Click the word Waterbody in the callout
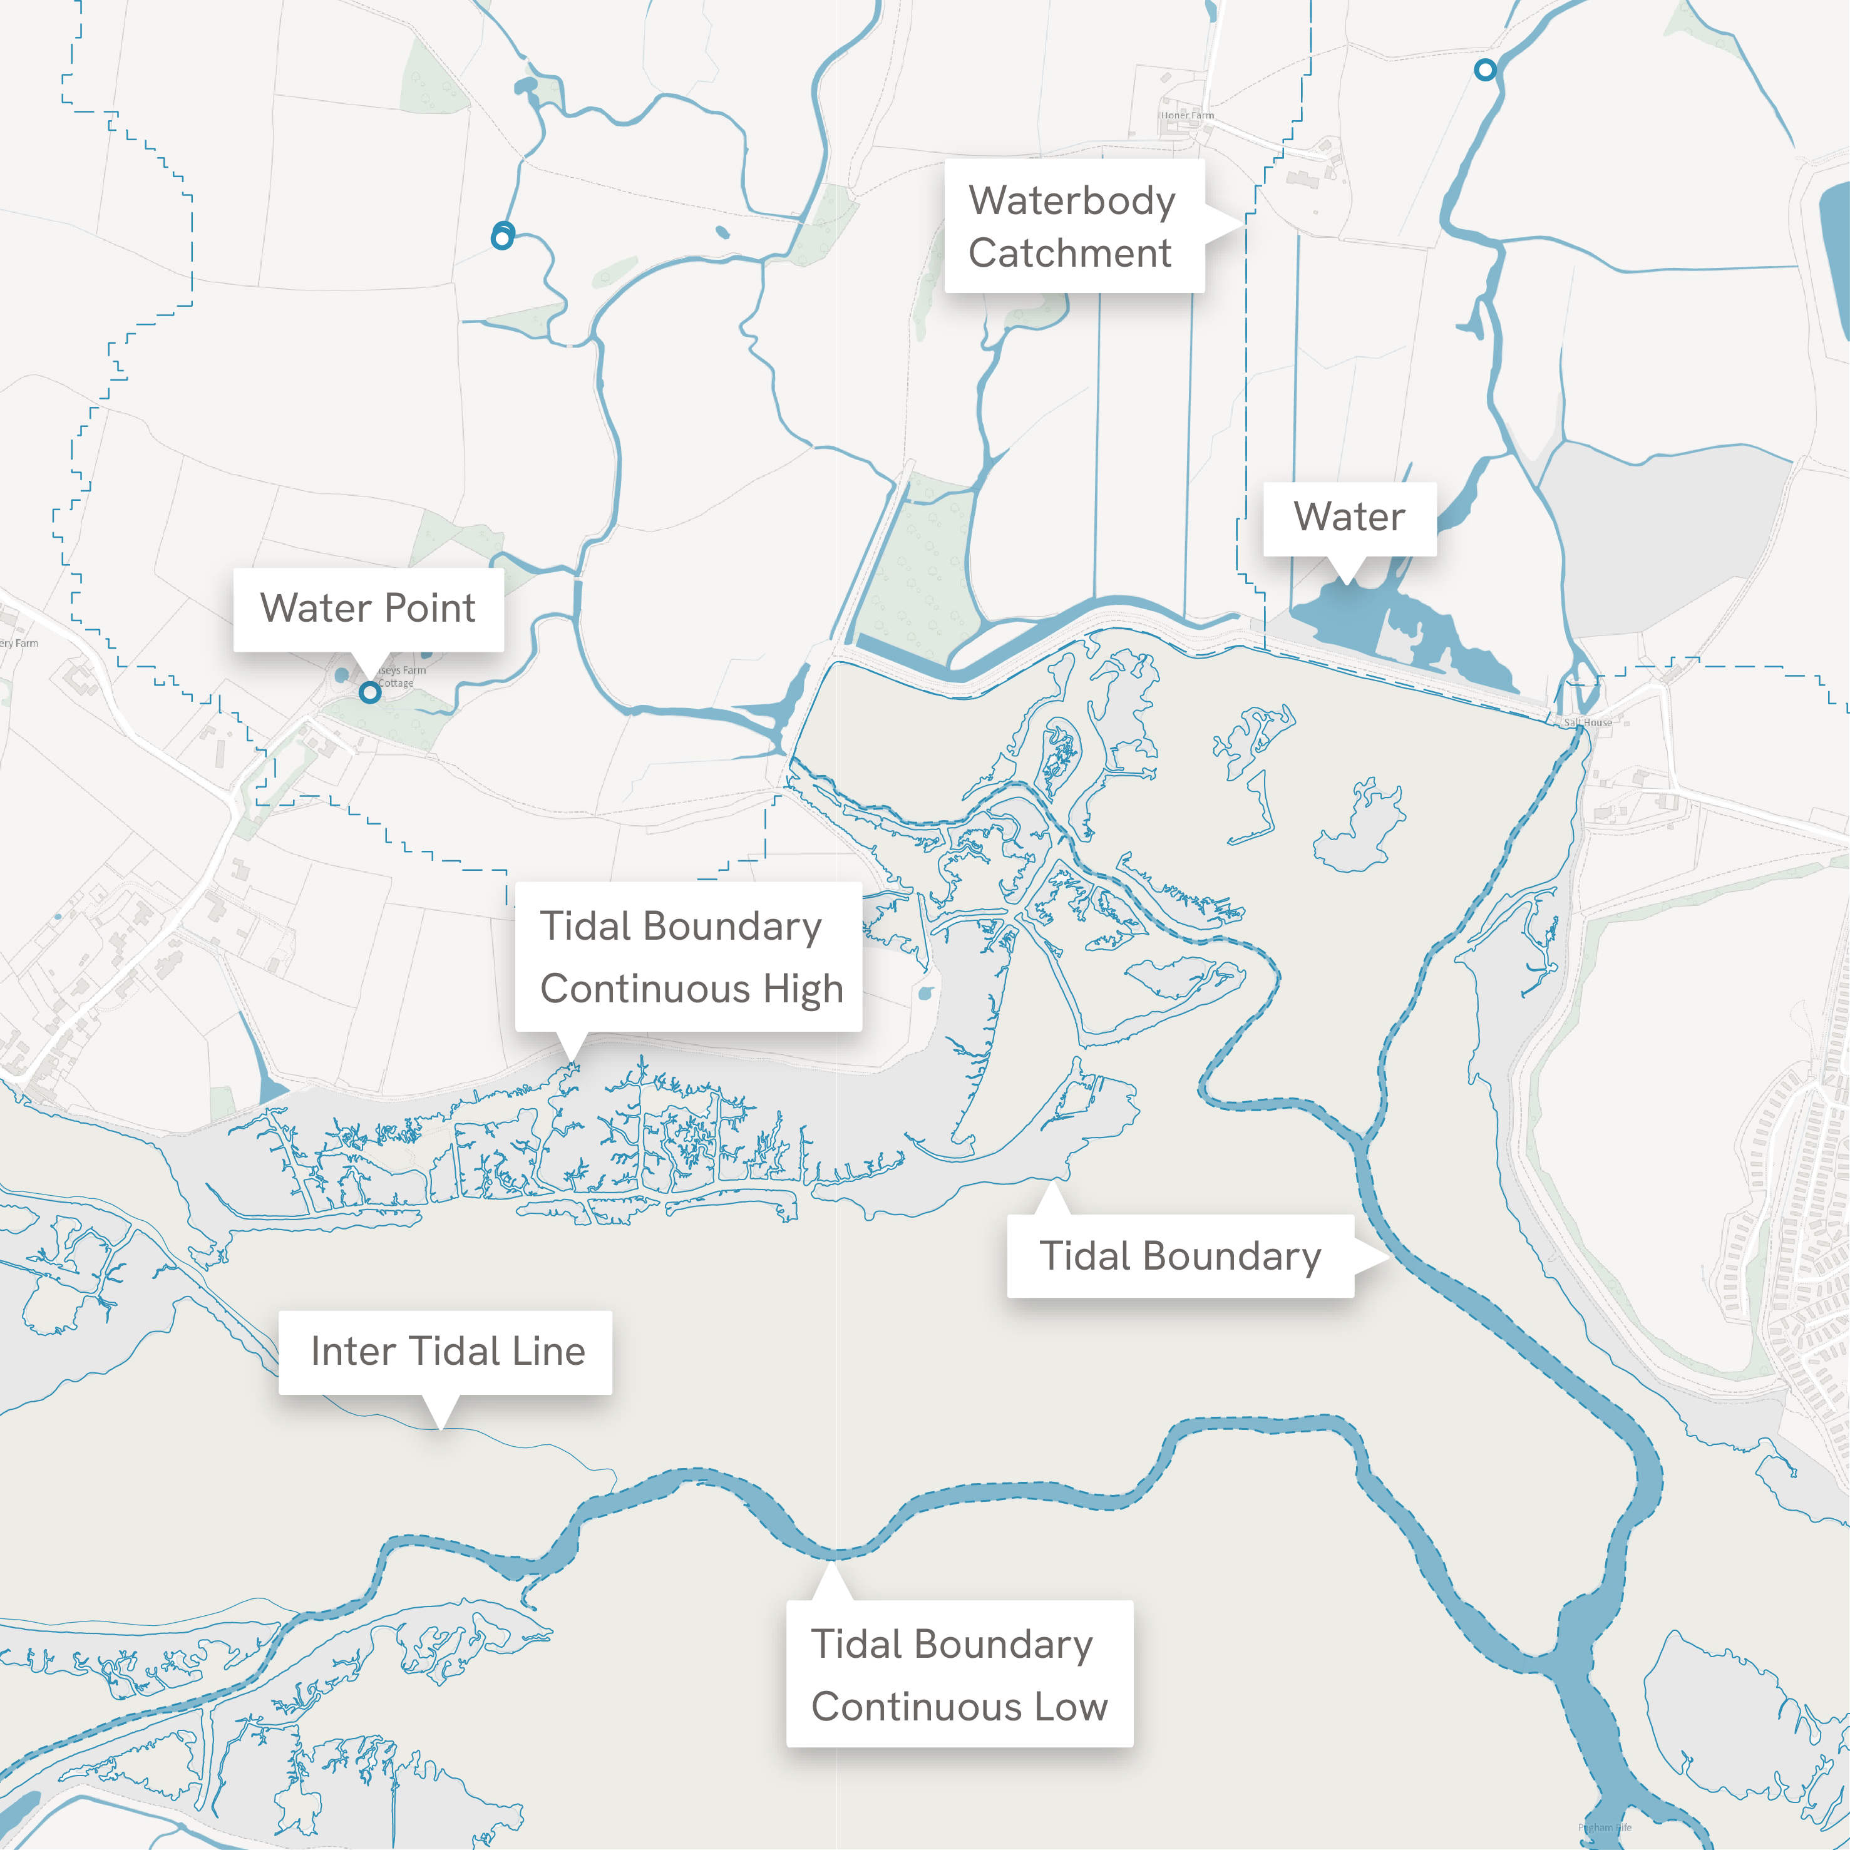1072,201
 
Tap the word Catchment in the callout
1069,254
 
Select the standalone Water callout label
1349,517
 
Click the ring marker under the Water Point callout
369,692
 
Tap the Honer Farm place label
1188,115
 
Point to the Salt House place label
1588,723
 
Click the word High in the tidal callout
803,989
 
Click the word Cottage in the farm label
396,684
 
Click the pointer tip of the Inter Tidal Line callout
439,1429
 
